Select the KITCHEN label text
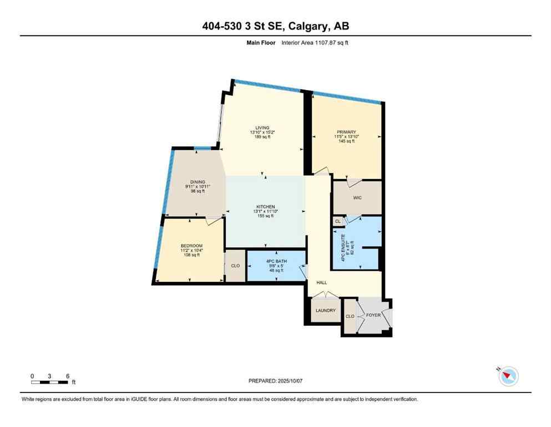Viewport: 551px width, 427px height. pos(266,207)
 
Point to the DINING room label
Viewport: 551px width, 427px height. pos(198,182)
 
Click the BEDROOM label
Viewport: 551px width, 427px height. pos(191,246)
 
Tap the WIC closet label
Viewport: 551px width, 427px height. pos(357,197)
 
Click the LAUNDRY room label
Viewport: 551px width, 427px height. pos(326,310)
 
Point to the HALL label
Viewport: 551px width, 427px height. pos(321,283)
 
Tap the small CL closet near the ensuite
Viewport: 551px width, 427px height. pos(338,221)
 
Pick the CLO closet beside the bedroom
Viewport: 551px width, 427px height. pos(235,266)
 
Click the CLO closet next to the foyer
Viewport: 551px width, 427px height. pos(350,316)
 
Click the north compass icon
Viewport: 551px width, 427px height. pos(508,376)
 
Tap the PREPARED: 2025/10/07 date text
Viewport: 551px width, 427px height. pos(275,381)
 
